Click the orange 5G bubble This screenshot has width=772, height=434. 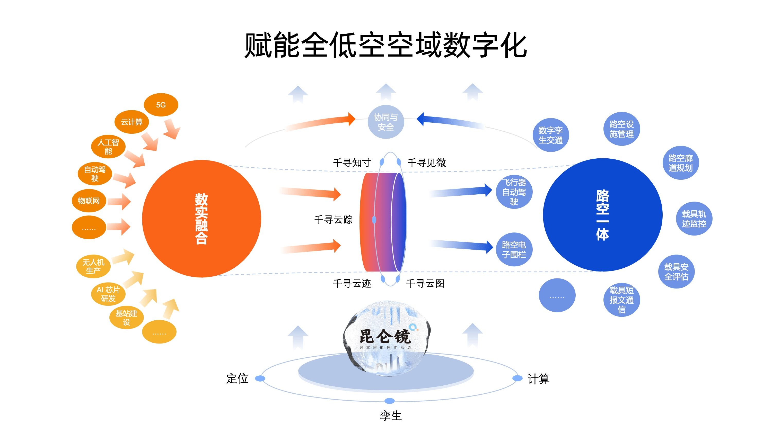161,105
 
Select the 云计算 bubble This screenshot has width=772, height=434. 131,122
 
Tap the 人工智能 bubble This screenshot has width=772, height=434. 108,147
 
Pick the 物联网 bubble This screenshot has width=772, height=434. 89,201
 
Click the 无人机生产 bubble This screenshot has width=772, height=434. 93,266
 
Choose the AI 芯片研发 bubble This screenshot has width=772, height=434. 108,294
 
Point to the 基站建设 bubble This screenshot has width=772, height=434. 126,318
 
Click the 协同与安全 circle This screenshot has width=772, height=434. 386,122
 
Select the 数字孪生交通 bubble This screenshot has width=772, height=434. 550,135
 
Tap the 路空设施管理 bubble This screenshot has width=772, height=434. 621,129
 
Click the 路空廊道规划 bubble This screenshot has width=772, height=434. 681,163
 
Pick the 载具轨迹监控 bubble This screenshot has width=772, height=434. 694,219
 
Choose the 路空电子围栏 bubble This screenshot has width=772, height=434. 514,249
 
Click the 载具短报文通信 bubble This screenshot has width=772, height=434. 621,300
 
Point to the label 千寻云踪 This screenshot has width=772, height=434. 333,220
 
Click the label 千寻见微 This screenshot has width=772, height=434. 426,163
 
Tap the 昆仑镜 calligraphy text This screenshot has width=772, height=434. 385,336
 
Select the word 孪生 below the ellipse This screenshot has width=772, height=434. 390,416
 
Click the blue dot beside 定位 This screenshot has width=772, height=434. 260,378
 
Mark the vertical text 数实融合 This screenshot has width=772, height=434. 201,219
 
